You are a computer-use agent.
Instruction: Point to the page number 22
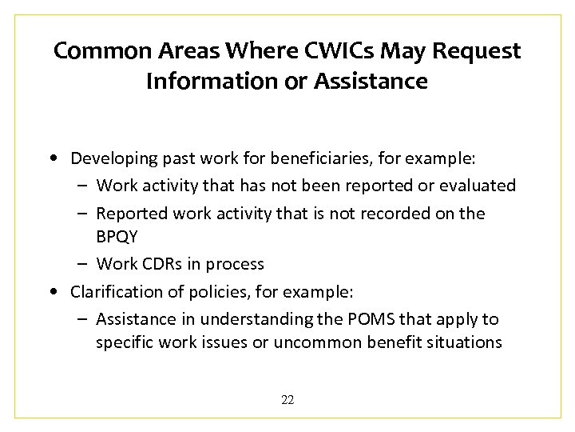pos(287,400)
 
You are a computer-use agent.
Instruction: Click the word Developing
pos(111,158)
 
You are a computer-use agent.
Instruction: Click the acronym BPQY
pos(117,238)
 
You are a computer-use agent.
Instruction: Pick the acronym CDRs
pos(165,264)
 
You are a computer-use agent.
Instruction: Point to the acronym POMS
pos(369,319)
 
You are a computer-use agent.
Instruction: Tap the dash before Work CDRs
pos(83,264)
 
